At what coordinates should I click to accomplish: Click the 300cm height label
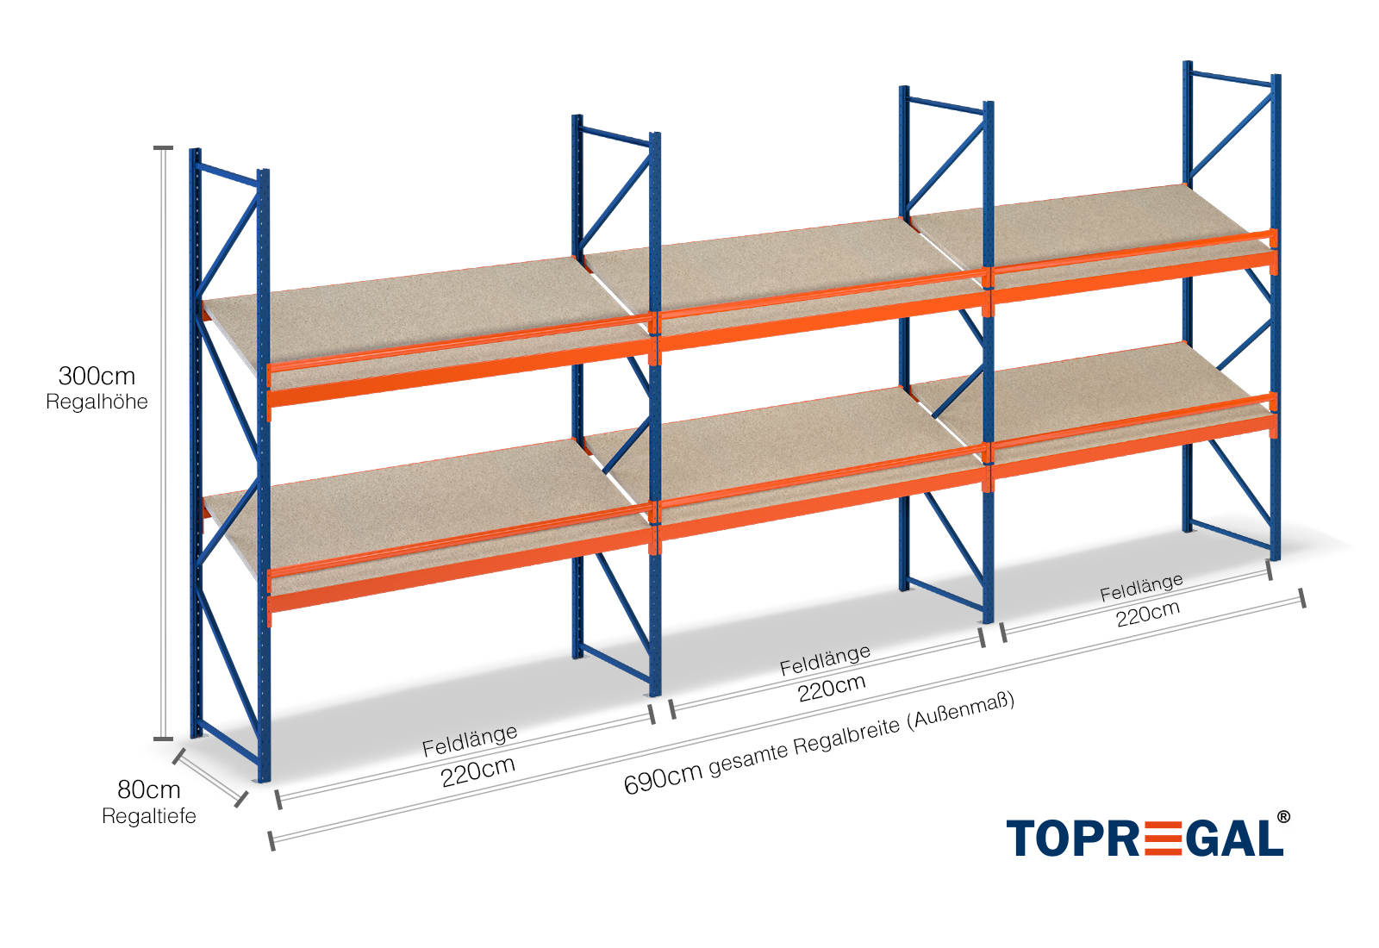97,376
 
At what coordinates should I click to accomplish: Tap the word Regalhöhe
97,402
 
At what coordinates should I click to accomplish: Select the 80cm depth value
148,789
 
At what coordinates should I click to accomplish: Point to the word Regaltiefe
148,816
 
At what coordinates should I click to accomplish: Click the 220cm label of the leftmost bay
477,771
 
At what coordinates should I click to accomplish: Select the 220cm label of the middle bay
832,688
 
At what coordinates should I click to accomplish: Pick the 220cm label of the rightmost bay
1147,614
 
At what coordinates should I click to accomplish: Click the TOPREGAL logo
1145,839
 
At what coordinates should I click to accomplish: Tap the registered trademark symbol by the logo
1283,817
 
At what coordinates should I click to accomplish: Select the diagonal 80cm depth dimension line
209,777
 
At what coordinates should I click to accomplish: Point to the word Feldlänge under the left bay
470,740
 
